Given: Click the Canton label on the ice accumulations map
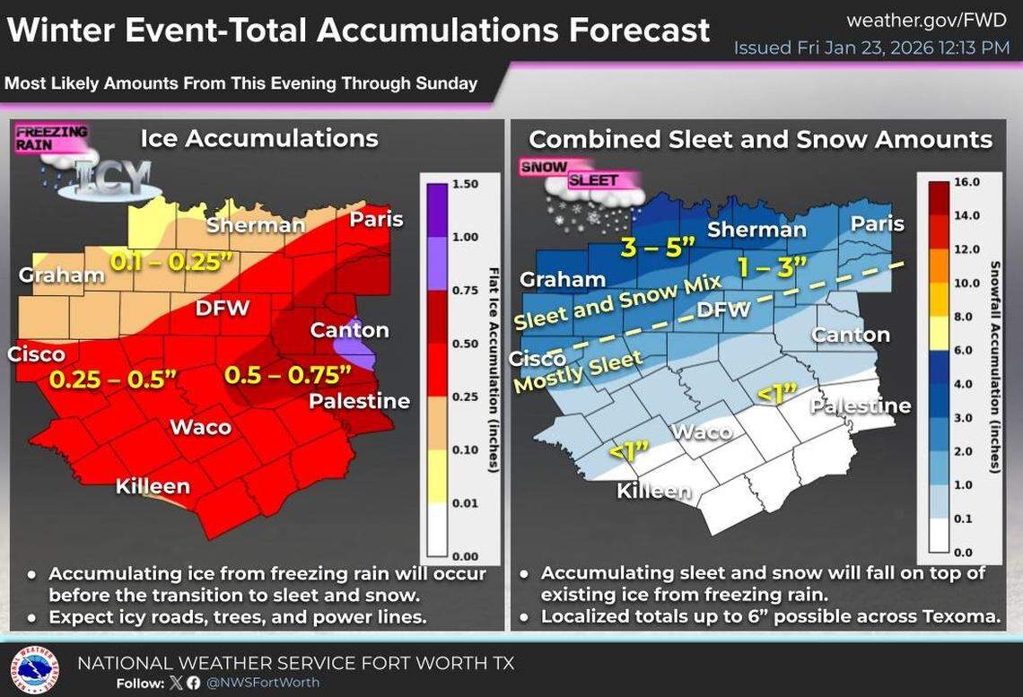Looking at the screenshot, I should coord(349,330).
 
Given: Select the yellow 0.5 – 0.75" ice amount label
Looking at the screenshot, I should coord(285,373).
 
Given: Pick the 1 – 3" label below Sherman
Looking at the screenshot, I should coord(771,266).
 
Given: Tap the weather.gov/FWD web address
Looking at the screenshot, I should coord(928,20).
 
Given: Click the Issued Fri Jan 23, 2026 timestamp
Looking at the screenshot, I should coord(871,48).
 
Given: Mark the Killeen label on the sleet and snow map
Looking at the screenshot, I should coord(654,491).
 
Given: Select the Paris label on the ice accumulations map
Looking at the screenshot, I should coord(376,220).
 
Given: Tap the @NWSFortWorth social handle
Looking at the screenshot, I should coord(264,683).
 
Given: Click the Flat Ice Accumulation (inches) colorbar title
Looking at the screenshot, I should coord(493,368).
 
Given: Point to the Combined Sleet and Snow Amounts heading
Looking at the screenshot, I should coord(760,139).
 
